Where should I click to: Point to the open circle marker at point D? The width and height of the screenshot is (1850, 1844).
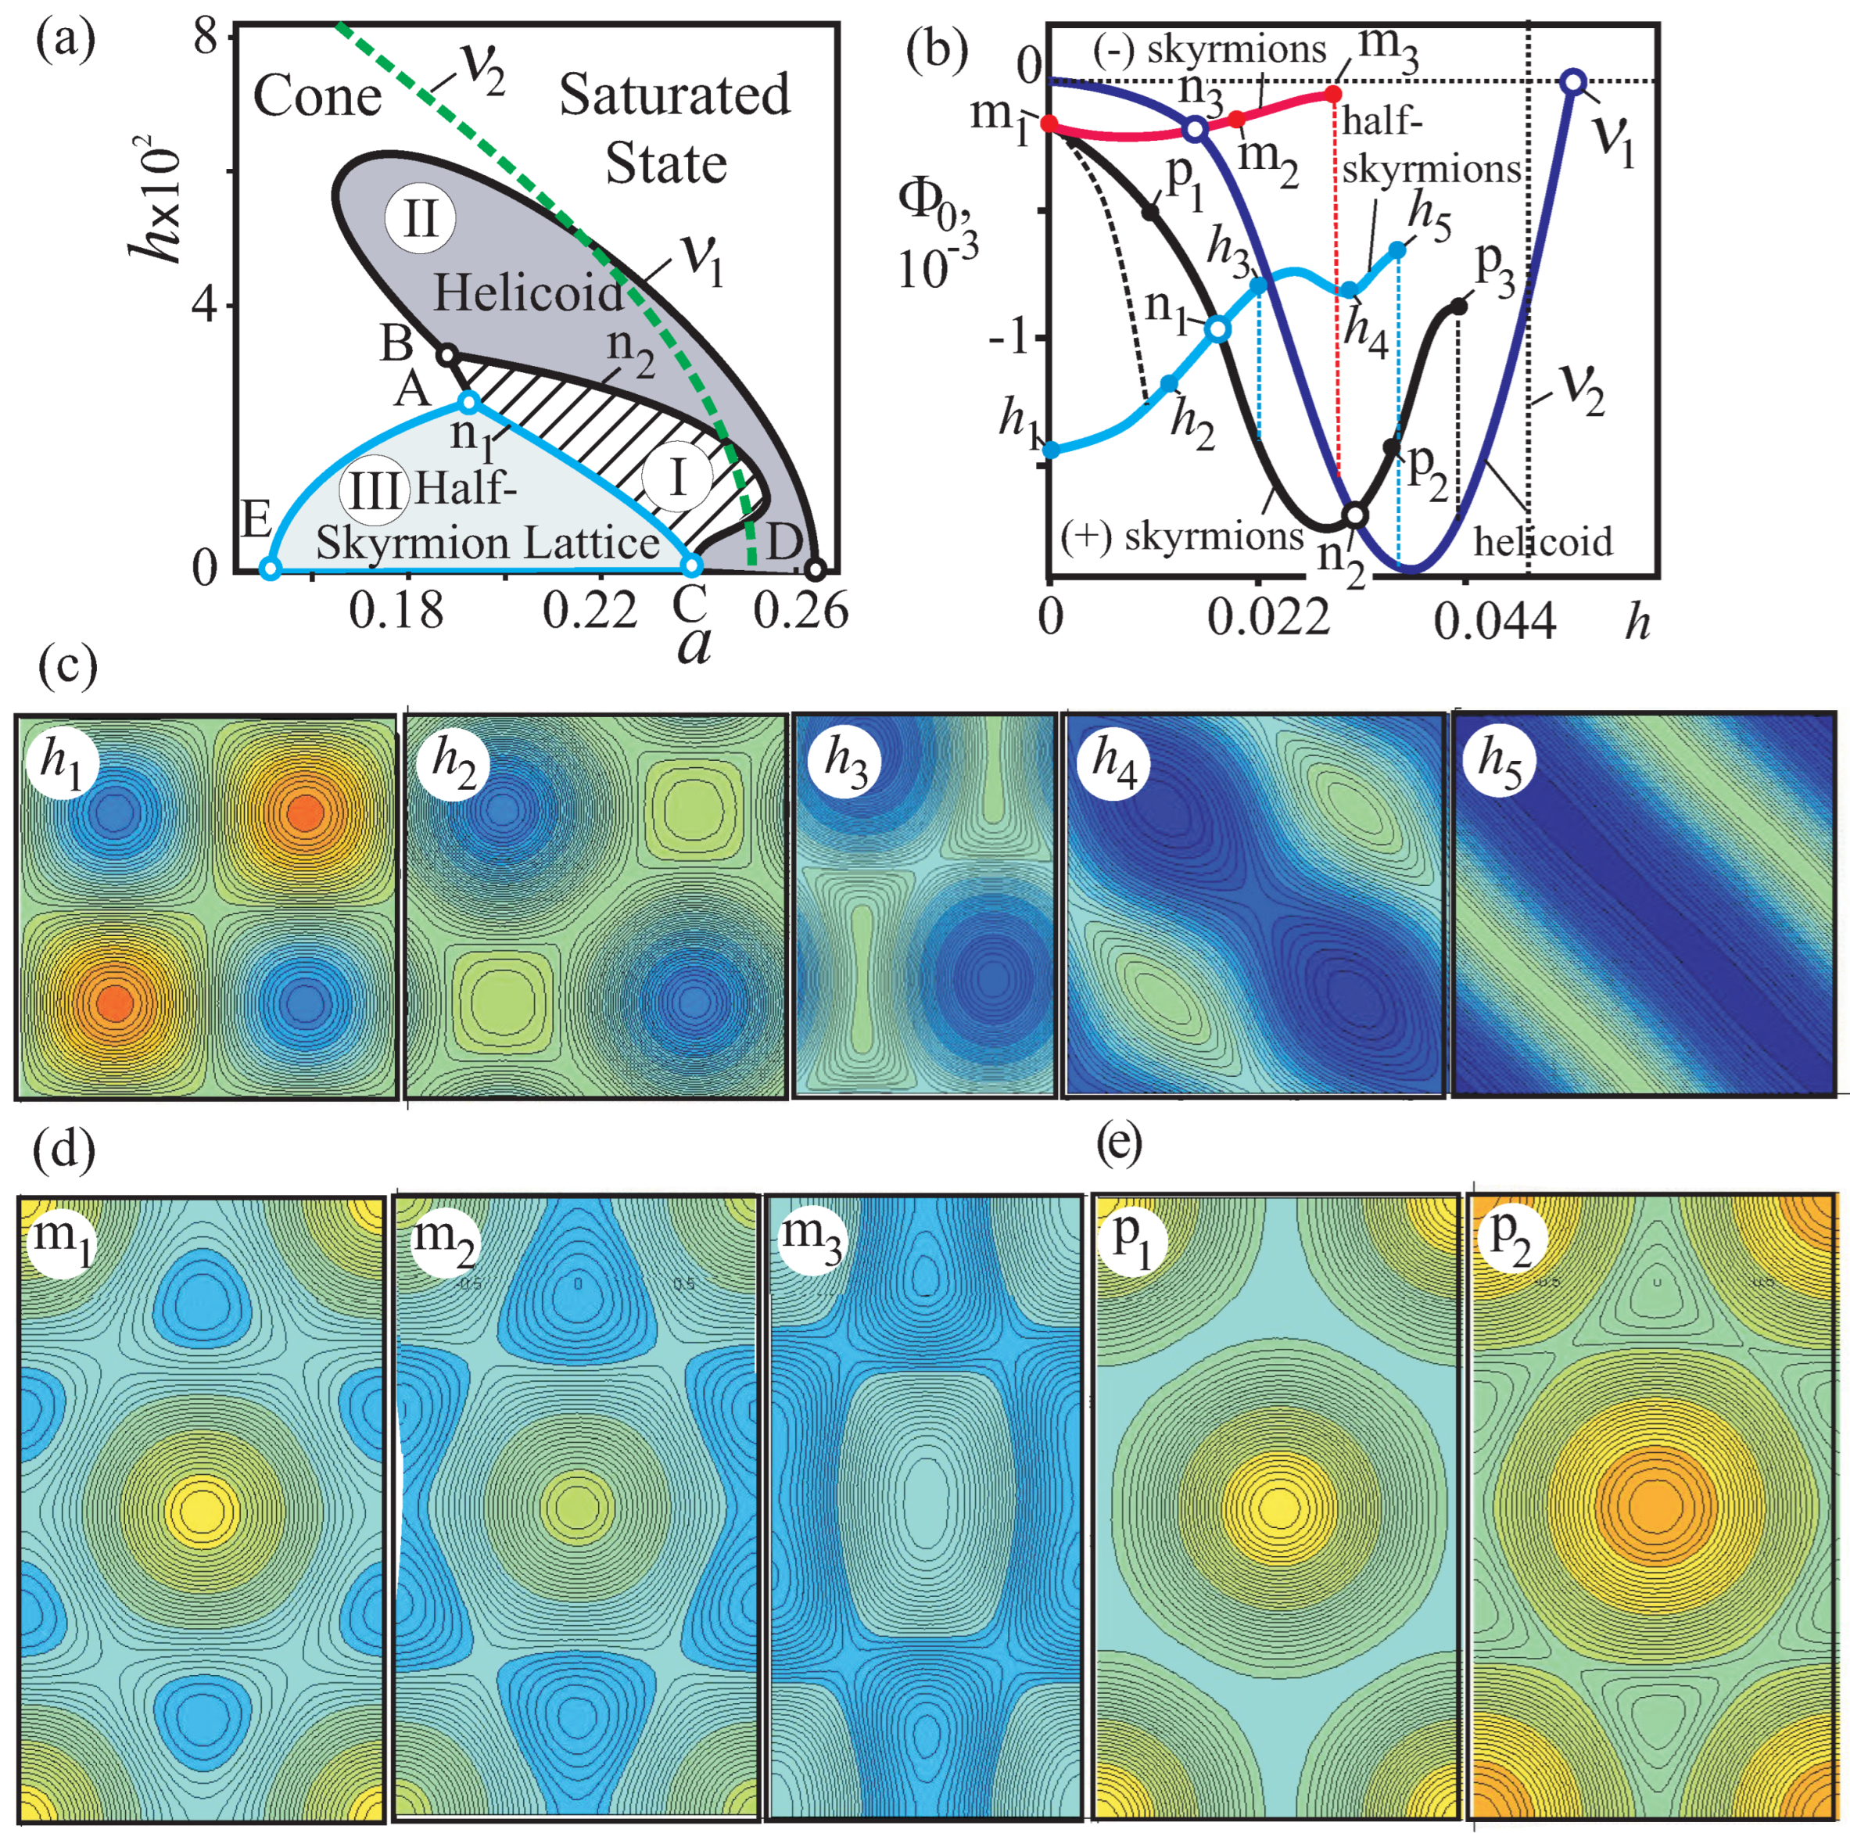coord(814,570)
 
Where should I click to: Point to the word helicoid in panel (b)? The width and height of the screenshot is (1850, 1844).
coord(1543,541)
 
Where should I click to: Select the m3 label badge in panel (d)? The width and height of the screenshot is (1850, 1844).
coord(810,1239)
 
